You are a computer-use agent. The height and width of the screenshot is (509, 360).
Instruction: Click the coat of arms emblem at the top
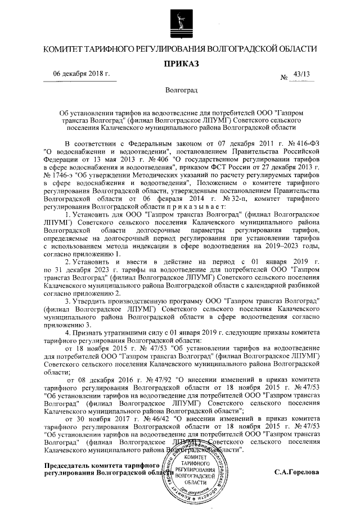180,22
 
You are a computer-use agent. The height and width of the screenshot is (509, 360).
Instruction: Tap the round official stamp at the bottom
193,471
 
